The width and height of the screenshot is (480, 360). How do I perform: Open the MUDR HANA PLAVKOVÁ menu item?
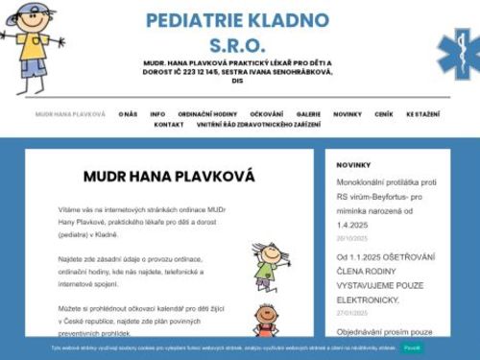point(70,113)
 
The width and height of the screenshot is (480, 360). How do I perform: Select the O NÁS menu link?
point(128,113)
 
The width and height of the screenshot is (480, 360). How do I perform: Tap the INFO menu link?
point(157,113)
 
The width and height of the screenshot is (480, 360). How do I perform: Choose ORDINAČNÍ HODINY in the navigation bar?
point(207,113)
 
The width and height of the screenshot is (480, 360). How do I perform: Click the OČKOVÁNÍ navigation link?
point(267,113)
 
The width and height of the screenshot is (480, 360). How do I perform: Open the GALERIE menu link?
point(309,113)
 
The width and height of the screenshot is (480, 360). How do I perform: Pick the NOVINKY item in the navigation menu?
point(348,113)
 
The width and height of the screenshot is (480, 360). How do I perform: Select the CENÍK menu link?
point(384,113)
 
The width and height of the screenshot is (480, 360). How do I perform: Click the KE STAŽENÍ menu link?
point(423,113)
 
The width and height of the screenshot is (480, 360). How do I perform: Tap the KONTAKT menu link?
point(169,125)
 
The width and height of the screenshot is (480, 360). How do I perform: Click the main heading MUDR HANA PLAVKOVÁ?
point(169,177)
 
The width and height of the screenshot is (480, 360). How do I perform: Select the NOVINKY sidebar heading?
point(353,165)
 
